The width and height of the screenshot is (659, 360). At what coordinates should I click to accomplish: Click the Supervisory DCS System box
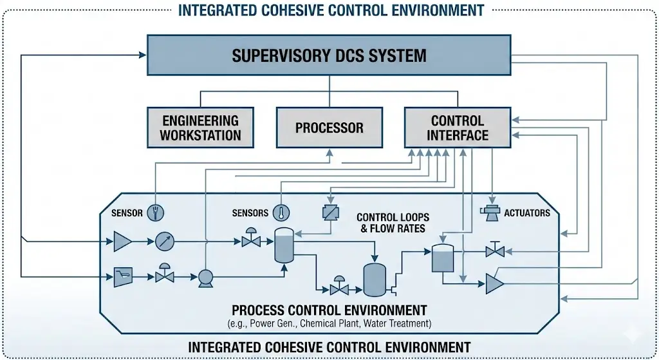(x=329, y=55)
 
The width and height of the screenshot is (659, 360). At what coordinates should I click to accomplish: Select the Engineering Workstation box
(x=200, y=128)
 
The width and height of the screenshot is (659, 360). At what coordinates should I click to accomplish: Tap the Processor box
(x=329, y=128)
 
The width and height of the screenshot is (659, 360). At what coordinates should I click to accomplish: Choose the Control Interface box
(x=457, y=128)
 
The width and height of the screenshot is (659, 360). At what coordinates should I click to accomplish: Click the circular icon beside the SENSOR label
(x=155, y=212)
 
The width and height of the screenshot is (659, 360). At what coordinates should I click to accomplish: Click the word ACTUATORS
(x=527, y=213)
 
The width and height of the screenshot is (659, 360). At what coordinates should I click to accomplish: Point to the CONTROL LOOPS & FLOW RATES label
(x=393, y=222)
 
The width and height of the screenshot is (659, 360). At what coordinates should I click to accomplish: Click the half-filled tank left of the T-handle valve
(x=442, y=257)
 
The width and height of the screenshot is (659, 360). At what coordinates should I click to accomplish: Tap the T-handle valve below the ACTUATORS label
(x=495, y=250)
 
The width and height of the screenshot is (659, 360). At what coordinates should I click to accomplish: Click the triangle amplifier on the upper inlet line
(x=122, y=242)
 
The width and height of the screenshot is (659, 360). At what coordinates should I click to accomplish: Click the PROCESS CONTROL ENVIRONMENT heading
(x=329, y=310)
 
